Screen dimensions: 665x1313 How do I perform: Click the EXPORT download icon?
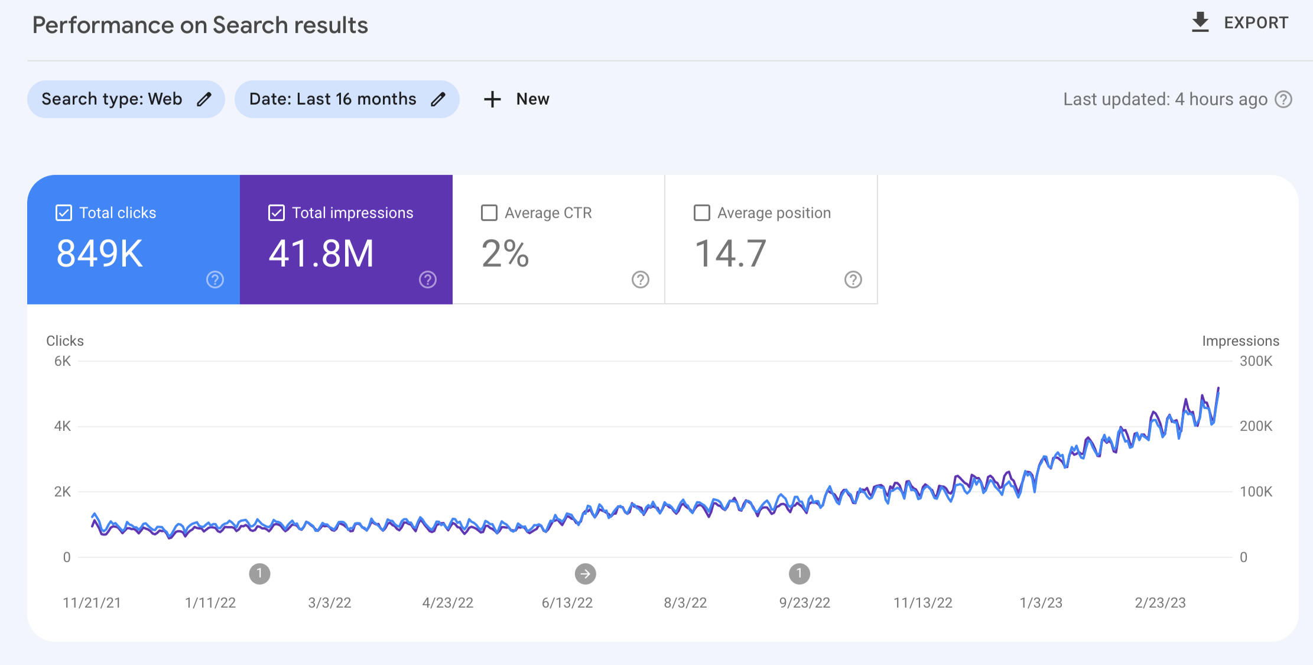[1200, 22]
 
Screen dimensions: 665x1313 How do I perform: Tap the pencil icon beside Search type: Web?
[204, 99]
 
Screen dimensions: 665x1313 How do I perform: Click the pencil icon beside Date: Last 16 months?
[438, 99]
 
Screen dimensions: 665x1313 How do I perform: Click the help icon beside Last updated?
[1283, 99]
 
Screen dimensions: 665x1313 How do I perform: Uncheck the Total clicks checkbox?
[64, 213]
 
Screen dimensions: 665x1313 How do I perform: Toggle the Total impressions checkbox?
[277, 213]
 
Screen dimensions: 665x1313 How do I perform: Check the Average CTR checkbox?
[489, 213]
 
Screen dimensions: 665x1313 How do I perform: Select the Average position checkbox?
[702, 213]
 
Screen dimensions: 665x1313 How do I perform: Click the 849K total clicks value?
[99, 254]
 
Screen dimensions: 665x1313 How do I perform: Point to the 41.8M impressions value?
[321, 254]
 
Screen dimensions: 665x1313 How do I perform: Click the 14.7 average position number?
[730, 254]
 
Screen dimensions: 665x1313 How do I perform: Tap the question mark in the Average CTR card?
[641, 280]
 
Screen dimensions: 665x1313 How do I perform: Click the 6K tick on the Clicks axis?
[63, 361]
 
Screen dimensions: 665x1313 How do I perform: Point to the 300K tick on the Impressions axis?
[1256, 361]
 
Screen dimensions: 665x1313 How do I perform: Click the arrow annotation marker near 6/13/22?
[585, 573]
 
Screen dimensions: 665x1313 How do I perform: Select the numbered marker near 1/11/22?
[259, 573]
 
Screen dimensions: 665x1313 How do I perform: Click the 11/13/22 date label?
[923, 603]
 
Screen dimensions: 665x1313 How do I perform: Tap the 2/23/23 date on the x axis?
[1160, 603]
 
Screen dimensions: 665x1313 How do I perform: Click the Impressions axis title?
[1240, 341]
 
